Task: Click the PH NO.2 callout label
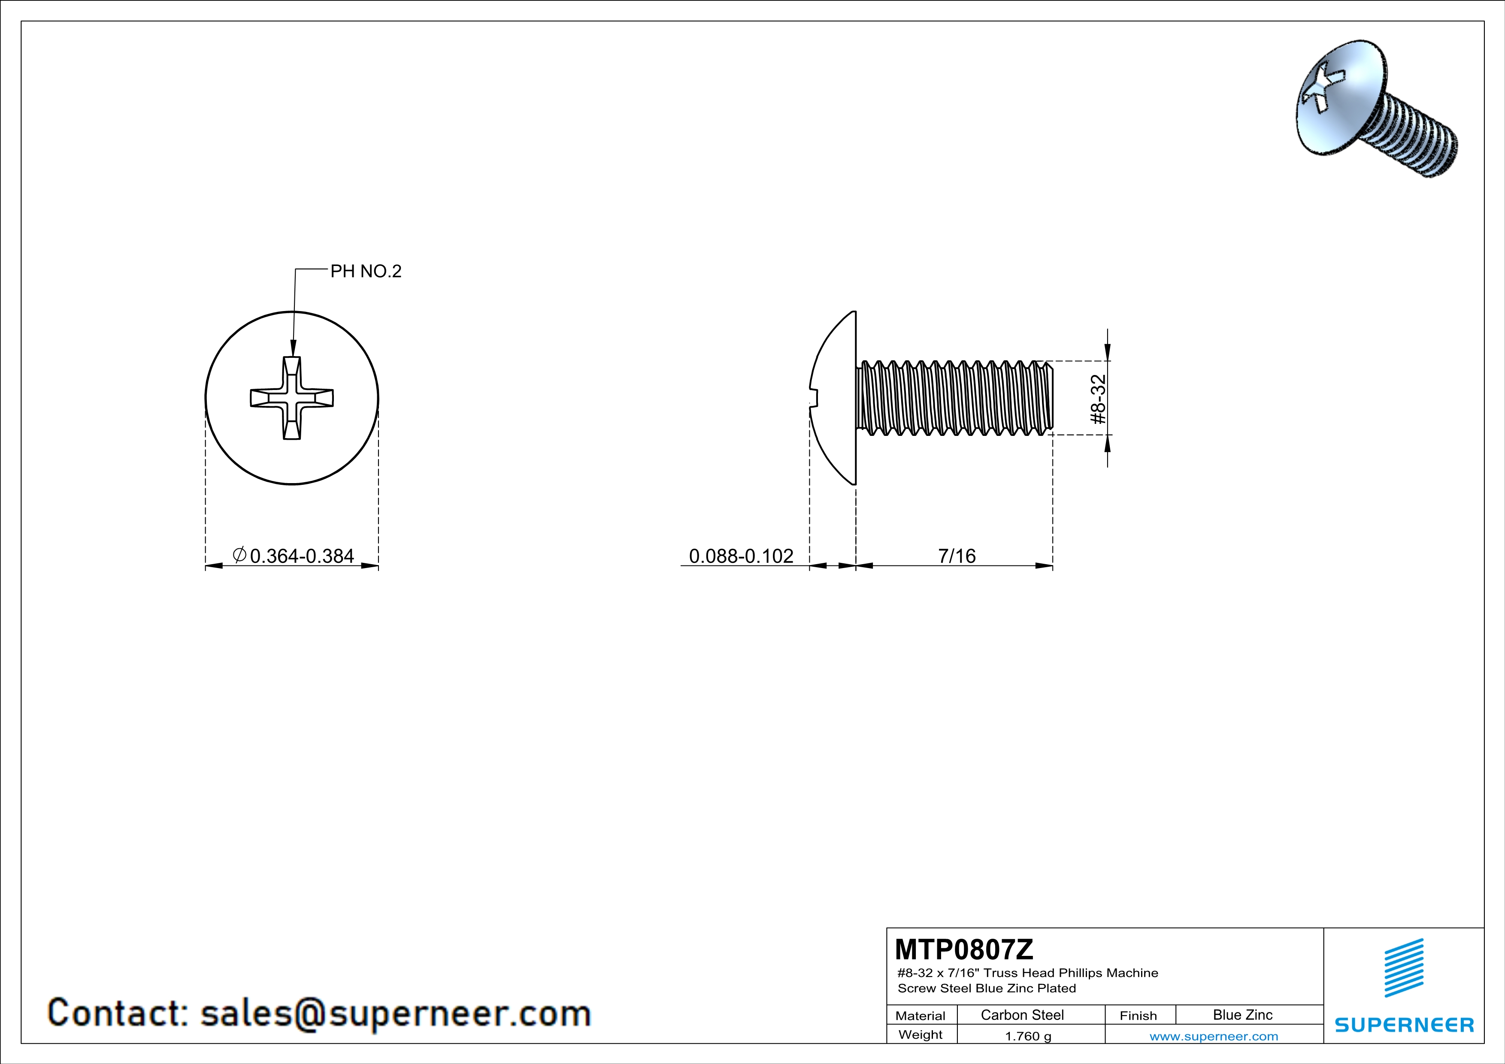pyautogui.click(x=365, y=271)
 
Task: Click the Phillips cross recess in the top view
pyautogui.click(x=292, y=398)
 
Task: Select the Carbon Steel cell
pyautogui.click(x=1022, y=1015)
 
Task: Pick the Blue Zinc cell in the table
pyautogui.click(x=1242, y=1015)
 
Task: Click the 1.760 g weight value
pyautogui.click(x=1028, y=1036)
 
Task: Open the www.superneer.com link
pyautogui.click(x=1213, y=1036)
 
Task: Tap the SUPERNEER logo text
pyautogui.click(x=1404, y=1025)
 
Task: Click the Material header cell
pyautogui.click(x=921, y=1016)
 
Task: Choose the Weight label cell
pyautogui.click(x=921, y=1034)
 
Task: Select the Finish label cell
pyautogui.click(x=1138, y=1016)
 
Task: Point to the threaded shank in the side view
pyautogui.click(x=954, y=398)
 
